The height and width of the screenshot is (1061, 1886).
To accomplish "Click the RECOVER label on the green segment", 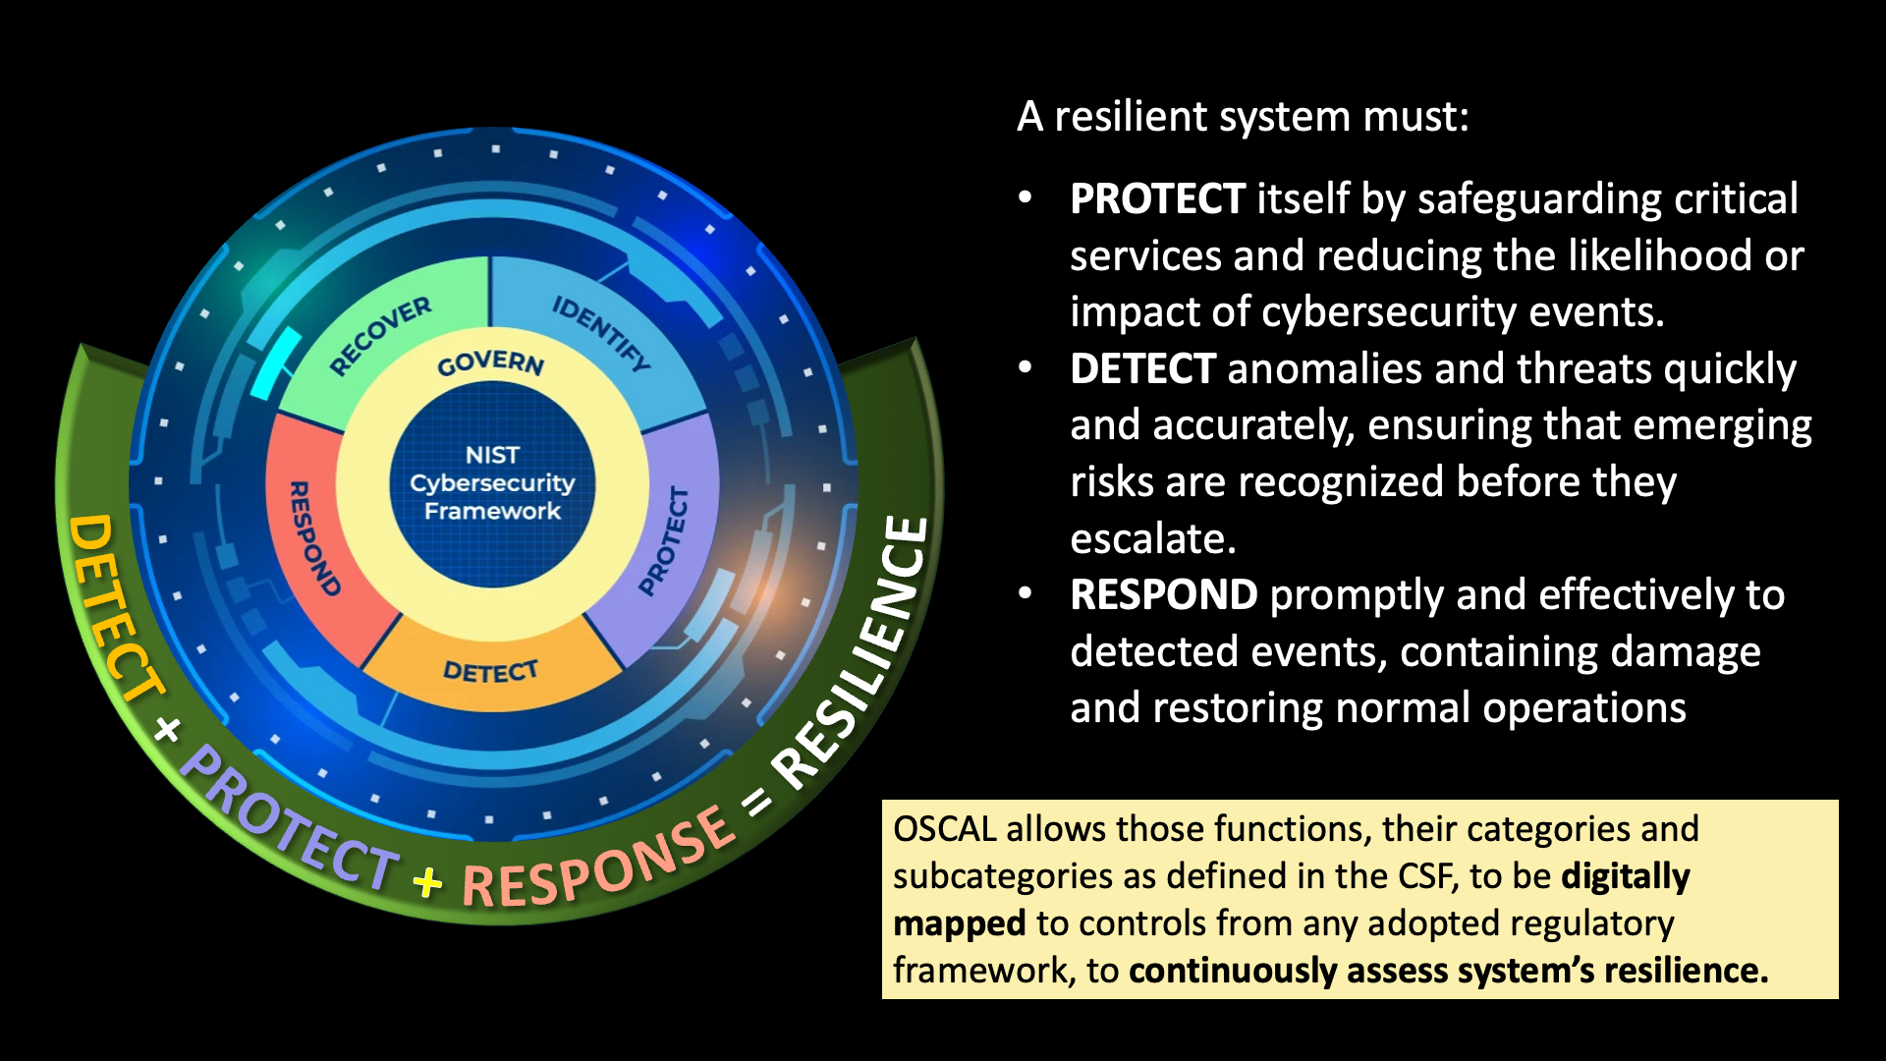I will point(380,335).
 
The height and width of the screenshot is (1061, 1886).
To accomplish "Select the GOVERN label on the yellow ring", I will point(490,363).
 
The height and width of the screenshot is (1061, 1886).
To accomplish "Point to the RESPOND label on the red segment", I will point(313,538).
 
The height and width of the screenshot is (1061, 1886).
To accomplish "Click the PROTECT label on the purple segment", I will point(665,541).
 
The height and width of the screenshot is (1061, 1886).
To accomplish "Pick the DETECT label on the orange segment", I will point(490,671).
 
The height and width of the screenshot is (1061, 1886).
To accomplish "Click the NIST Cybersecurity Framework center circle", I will point(492,483).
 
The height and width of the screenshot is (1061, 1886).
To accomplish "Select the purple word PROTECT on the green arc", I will point(291,820).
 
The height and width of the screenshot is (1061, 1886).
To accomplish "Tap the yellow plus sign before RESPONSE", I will point(427,882).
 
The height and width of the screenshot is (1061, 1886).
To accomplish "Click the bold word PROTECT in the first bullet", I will point(1157,199).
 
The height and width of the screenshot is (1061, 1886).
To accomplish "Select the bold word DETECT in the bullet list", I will point(1142,369).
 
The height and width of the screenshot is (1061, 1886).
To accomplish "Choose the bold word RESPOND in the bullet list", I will point(1163,595).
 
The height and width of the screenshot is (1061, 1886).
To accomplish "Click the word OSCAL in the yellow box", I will point(944,829).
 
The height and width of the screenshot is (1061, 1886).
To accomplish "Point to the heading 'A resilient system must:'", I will point(1243,117).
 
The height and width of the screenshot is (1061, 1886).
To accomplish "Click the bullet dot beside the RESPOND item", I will point(1026,593).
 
